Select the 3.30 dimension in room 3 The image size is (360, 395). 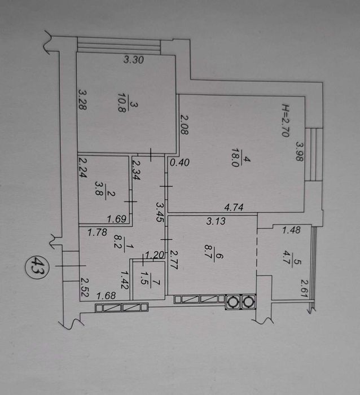134,60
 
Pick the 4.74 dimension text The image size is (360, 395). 234,207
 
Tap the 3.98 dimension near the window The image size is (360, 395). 300,151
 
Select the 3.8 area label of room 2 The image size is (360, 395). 99,187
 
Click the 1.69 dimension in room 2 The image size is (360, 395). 116,219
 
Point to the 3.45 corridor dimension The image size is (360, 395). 160,212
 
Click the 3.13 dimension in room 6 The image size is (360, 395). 216,221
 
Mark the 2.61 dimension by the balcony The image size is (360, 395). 304,288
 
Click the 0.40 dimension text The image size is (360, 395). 179,163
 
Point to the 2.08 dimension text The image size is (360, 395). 185,125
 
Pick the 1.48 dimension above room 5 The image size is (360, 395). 291,230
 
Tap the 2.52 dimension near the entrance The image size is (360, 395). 85,287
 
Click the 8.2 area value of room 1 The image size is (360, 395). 118,242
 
